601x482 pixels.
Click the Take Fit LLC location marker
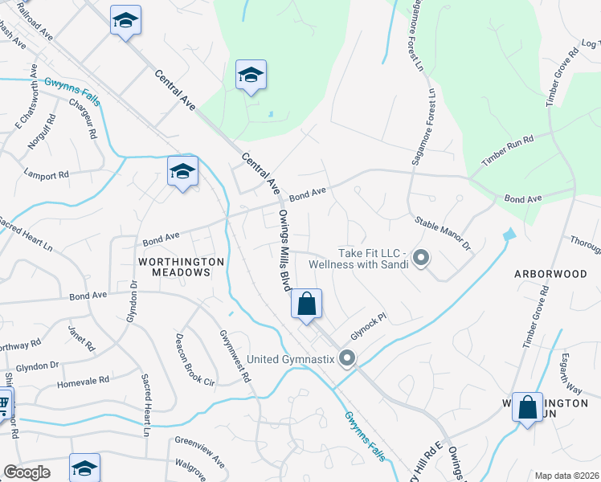421,259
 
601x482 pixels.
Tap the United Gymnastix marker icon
347,358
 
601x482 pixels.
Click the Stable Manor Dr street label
442,232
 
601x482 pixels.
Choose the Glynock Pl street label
369,326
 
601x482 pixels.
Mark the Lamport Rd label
47,174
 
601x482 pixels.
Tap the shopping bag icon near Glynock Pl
306,304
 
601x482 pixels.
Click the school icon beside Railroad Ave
125,19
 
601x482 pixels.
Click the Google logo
27,472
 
